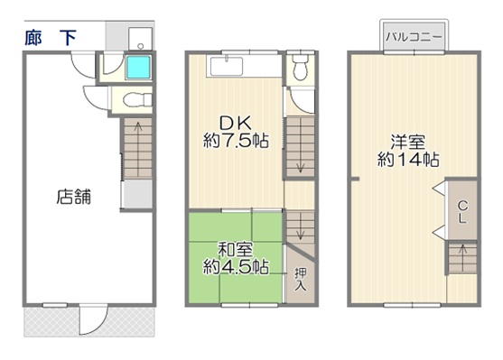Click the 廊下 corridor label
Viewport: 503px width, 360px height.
coord(51,38)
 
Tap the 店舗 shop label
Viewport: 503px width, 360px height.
coord(74,197)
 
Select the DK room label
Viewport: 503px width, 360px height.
coord(235,123)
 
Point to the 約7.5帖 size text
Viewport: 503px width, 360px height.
coord(236,141)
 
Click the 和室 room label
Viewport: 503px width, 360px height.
coord(235,250)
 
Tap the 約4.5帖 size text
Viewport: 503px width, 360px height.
coord(236,266)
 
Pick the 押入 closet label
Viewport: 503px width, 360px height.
coord(301,280)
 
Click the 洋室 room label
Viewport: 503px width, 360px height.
coord(407,143)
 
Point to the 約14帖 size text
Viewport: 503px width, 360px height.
coord(408,160)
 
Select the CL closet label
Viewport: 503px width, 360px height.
coord(462,211)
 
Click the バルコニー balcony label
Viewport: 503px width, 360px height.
coord(414,37)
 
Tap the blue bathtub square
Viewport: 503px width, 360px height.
coord(138,68)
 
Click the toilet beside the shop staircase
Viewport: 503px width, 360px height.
coord(137,99)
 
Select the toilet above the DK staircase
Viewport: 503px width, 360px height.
coord(301,67)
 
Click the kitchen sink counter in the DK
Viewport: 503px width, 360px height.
coord(226,66)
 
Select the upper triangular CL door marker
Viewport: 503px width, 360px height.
coord(439,189)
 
